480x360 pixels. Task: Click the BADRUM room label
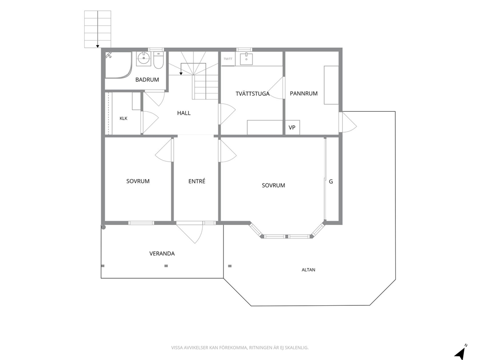tap(147, 79)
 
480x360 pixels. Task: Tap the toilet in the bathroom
tap(159, 60)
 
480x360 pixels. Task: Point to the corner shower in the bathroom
tap(118, 65)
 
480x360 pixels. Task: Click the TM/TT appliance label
tap(228, 59)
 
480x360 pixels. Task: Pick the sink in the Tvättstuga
tap(246, 59)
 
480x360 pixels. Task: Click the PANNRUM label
tap(304, 93)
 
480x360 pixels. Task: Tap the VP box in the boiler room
tap(292, 127)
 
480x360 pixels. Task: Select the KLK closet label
tap(123, 119)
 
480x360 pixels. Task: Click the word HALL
tap(184, 113)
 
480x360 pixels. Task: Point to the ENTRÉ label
tap(197, 181)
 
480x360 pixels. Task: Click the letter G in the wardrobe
tap(331, 181)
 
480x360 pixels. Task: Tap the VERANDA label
tap(162, 254)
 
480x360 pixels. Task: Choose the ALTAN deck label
tap(308, 270)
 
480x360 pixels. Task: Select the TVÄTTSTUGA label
tap(253, 93)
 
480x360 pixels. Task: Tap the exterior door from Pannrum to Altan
tap(348, 122)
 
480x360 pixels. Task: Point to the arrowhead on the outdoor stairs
tap(98, 46)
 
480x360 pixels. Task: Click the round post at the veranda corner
tap(104, 227)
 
